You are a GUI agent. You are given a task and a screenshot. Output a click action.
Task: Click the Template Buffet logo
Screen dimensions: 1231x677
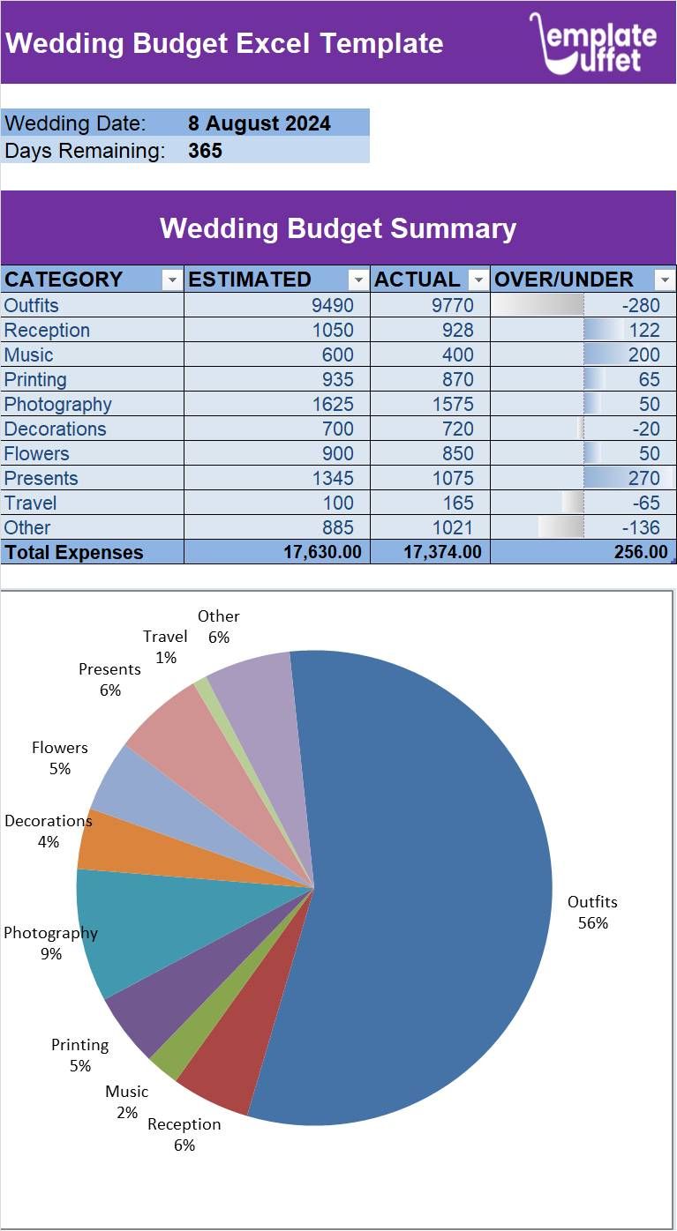tap(593, 43)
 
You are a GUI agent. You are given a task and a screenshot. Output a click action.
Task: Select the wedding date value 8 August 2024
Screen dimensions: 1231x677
tap(260, 123)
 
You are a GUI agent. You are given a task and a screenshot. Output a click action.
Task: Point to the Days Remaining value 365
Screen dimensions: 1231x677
tap(205, 151)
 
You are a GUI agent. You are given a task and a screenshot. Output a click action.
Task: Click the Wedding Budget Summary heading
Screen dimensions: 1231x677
tap(338, 228)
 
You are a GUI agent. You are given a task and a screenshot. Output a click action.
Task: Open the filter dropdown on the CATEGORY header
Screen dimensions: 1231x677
tap(172, 280)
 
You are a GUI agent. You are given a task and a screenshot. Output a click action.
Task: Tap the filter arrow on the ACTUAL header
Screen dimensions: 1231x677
tap(478, 280)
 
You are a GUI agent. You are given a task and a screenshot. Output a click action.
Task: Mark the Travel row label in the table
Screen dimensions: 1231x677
tap(31, 504)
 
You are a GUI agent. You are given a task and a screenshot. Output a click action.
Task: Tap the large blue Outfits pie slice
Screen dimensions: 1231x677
tap(424, 882)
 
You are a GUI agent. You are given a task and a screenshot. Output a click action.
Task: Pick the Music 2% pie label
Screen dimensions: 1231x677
tap(127, 1101)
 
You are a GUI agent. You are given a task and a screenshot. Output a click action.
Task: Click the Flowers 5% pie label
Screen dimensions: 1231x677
tap(60, 757)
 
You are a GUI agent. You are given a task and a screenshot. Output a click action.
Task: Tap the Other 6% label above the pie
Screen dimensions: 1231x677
tap(218, 626)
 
